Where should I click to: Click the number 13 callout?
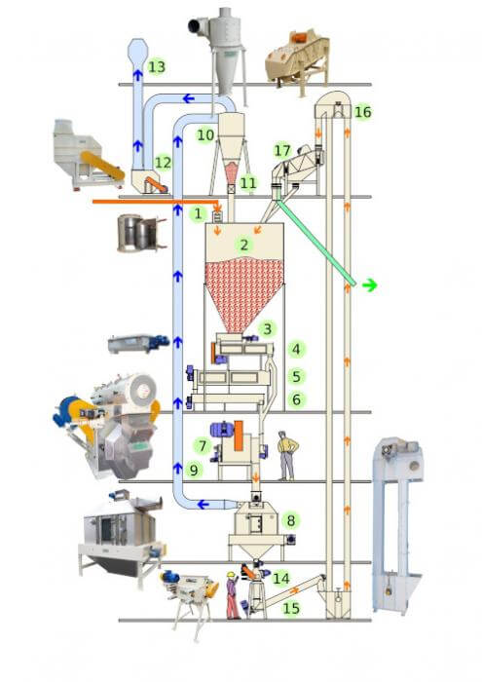(157, 67)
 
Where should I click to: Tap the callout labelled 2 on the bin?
(243, 245)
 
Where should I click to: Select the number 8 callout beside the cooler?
(290, 520)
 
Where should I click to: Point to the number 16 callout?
(362, 112)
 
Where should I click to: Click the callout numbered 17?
(282, 150)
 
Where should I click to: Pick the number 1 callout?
(199, 213)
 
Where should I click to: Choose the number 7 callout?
(203, 446)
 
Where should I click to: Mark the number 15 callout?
(291, 608)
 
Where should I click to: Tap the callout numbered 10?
(205, 134)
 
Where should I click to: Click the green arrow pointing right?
(369, 285)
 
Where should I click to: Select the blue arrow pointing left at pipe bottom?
(204, 505)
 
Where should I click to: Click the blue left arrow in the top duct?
(188, 98)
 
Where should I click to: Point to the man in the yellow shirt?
(287, 455)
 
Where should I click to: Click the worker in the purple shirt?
(233, 595)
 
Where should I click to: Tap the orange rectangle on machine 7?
(239, 436)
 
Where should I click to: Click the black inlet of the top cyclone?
(194, 26)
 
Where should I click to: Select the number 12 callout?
(163, 163)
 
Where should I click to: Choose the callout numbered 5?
(296, 376)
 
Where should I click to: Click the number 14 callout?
(280, 579)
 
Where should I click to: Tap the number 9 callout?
(194, 470)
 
